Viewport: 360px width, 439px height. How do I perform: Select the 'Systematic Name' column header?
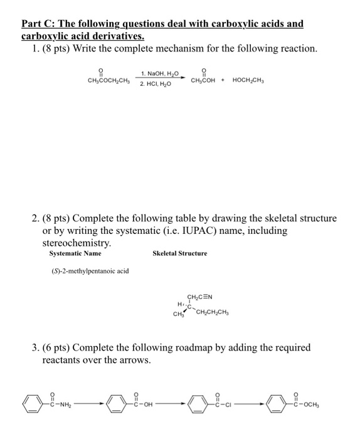pos(75,253)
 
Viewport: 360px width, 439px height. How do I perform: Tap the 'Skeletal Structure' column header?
pos(179,253)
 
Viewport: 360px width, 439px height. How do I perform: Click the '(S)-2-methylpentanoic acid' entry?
pos(90,271)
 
